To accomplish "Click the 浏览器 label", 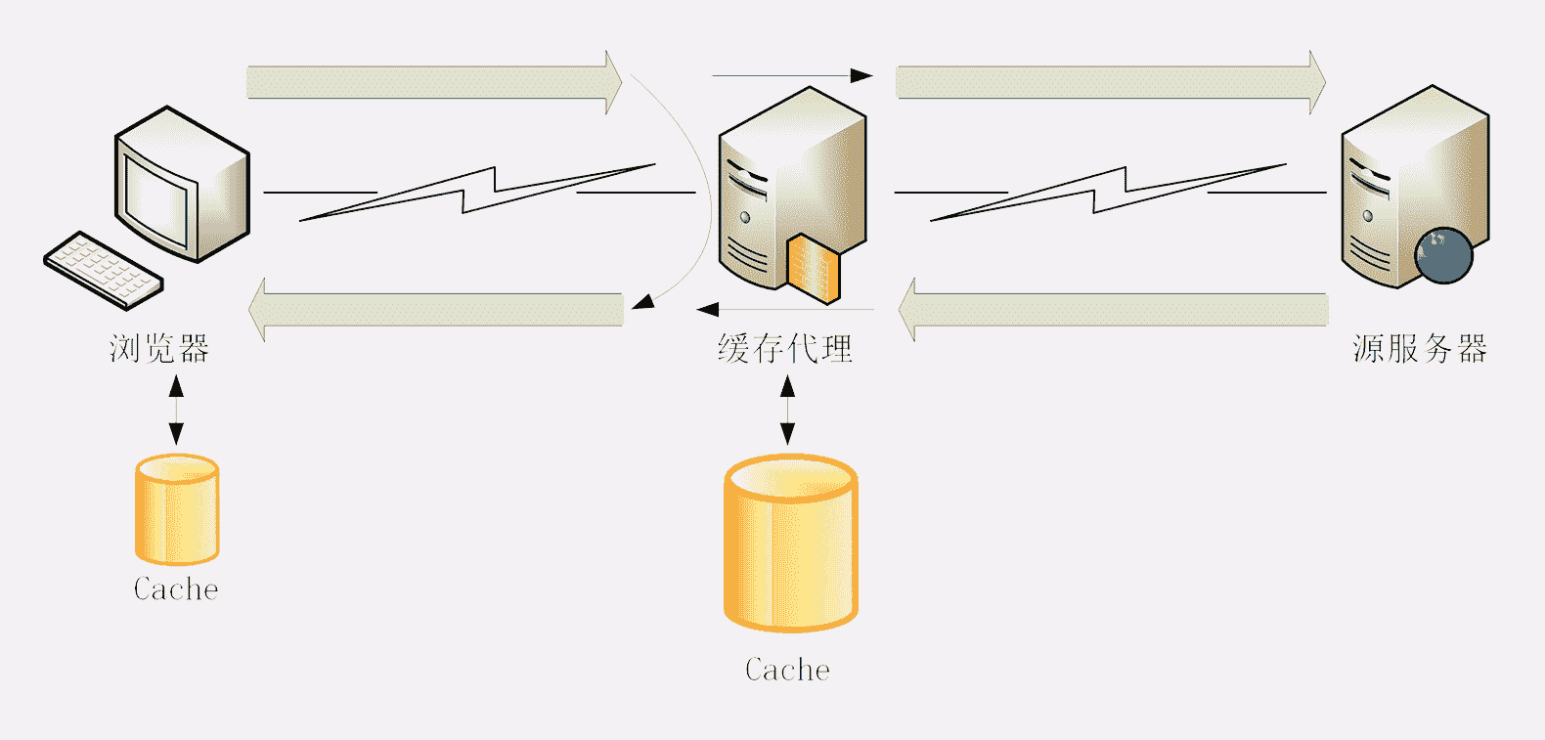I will click(159, 348).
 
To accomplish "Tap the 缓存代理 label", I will click(785, 348).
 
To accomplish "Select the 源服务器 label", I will click(1420, 348).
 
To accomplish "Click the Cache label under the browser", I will click(176, 588).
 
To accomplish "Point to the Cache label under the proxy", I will click(787, 670).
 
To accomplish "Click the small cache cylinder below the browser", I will click(177, 509).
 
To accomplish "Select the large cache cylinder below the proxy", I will click(790, 544).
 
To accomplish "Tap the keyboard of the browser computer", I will click(103, 269).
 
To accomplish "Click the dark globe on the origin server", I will click(1443, 255).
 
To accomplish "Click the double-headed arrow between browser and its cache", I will click(176, 410).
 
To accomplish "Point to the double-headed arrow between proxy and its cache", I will click(787, 410).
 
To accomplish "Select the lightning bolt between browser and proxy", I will click(477, 193).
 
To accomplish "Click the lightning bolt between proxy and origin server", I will click(1108, 193).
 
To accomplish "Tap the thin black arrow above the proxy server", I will click(791, 75).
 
